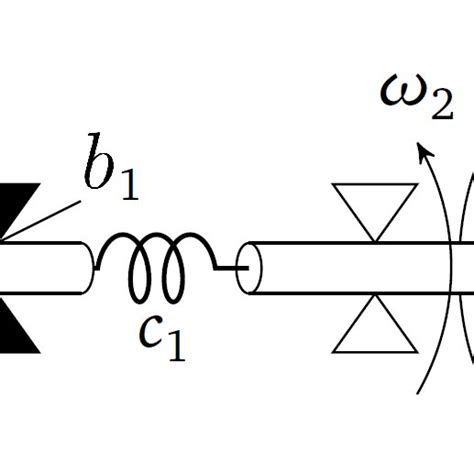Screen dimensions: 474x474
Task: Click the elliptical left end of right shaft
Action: click(x=252, y=267)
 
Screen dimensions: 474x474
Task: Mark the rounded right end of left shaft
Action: click(x=90, y=268)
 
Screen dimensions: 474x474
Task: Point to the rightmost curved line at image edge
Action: click(x=467, y=270)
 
